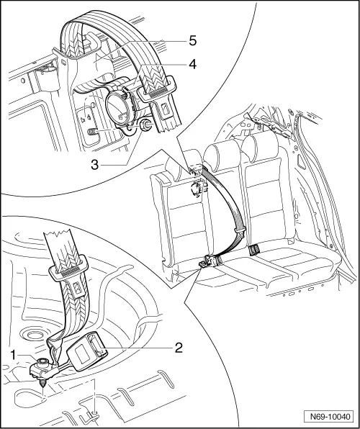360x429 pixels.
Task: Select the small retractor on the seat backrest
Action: coord(194,188)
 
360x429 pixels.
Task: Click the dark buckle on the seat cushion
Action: coord(253,252)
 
